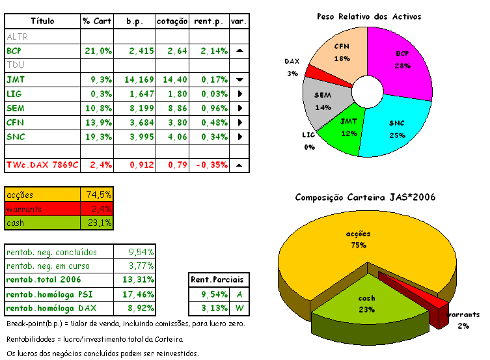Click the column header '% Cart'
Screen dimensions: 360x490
[x=97, y=21]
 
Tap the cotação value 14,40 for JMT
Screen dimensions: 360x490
[x=173, y=79]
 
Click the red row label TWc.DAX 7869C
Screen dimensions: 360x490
[x=42, y=165]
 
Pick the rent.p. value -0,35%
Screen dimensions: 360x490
[x=210, y=165]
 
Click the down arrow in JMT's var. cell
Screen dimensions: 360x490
[x=239, y=79]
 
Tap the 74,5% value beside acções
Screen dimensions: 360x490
[x=99, y=195]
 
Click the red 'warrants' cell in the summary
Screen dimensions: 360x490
[x=43, y=209]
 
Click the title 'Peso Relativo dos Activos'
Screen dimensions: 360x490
[x=368, y=16]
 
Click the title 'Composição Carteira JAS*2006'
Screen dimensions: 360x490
[x=364, y=197]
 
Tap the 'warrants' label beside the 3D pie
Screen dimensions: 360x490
[x=463, y=314]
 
